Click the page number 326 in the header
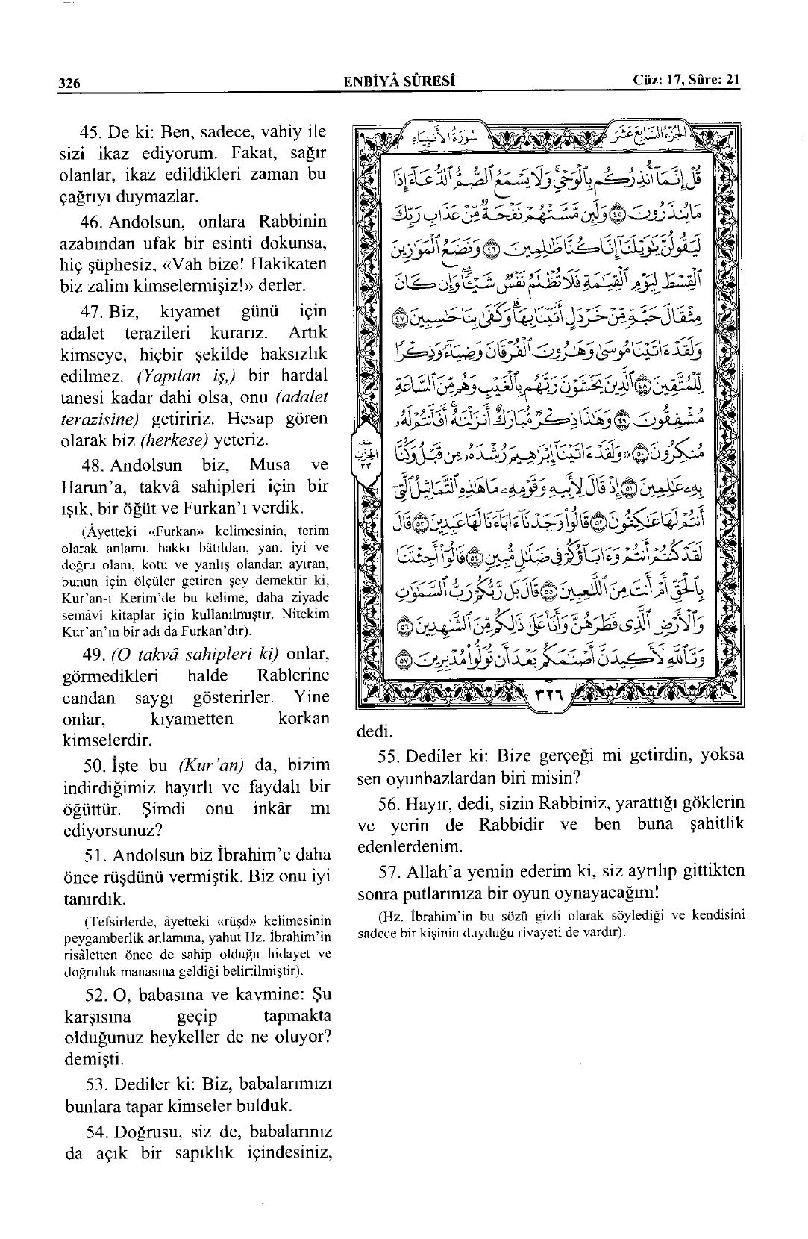point(70,83)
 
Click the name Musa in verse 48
point(270,465)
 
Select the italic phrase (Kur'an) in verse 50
point(211,764)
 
